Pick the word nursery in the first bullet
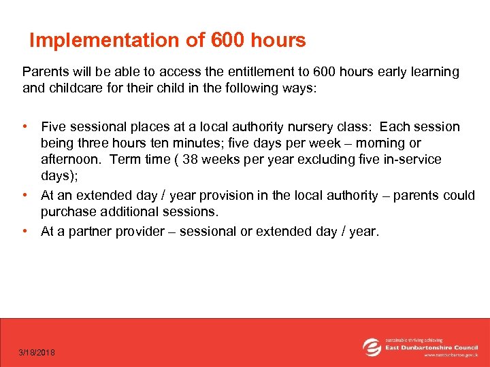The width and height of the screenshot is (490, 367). pos(297,127)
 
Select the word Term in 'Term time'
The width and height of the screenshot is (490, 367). pos(125,160)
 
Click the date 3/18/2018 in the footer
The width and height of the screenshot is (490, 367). pos(37,352)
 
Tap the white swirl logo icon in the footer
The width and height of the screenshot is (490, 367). pos(372,347)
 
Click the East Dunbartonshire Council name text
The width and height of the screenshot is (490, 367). pos(432,347)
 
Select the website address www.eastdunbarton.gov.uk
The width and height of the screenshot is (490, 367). pos(451,355)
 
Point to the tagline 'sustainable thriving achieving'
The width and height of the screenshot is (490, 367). pos(414,339)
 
